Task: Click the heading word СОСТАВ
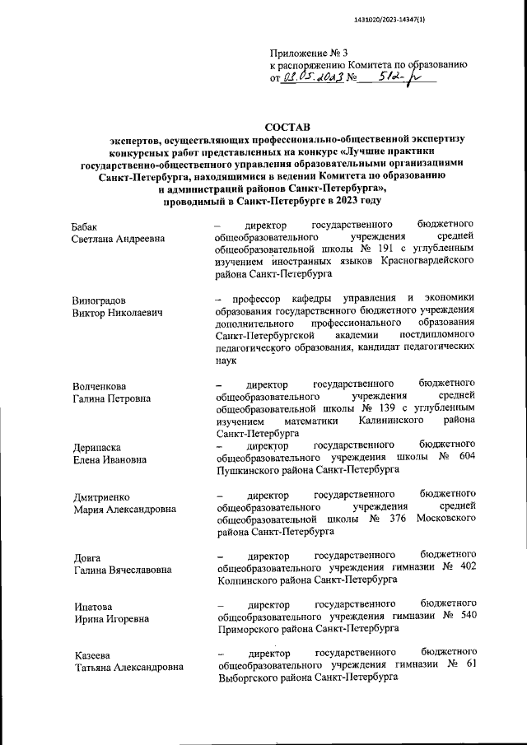pyautogui.click(x=288, y=128)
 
